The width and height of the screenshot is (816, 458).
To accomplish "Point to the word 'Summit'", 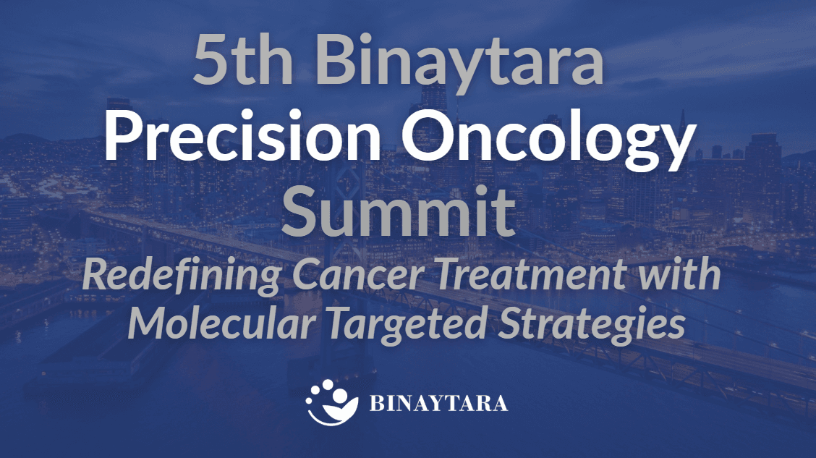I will click(x=400, y=210).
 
